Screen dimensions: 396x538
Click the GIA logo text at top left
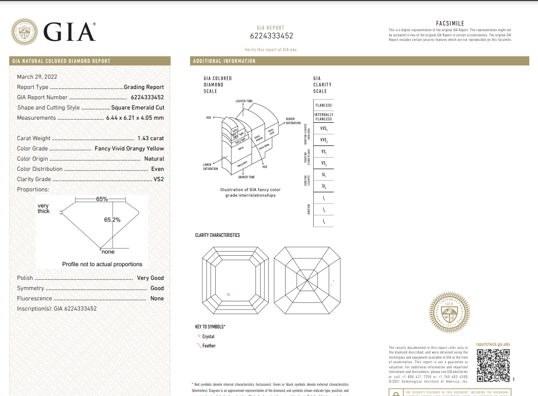69,32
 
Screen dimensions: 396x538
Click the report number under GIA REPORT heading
271,36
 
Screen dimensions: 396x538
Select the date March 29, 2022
37,77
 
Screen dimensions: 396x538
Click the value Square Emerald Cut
138,107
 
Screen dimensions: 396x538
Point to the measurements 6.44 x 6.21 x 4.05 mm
135,118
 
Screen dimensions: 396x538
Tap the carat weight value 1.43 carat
151,138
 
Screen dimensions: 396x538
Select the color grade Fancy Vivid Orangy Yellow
129,148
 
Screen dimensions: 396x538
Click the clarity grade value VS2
159,179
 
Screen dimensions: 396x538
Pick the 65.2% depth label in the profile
112,220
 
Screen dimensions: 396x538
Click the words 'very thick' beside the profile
43,208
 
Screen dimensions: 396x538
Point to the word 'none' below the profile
108,252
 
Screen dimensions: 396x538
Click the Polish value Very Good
150,278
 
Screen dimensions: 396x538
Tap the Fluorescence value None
157,298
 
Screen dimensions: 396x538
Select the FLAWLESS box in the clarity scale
323,105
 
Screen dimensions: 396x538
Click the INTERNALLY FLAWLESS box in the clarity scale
323,117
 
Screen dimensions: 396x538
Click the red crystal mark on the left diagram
228,294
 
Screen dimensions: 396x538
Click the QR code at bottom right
493,365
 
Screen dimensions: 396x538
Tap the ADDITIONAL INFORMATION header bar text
224,61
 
